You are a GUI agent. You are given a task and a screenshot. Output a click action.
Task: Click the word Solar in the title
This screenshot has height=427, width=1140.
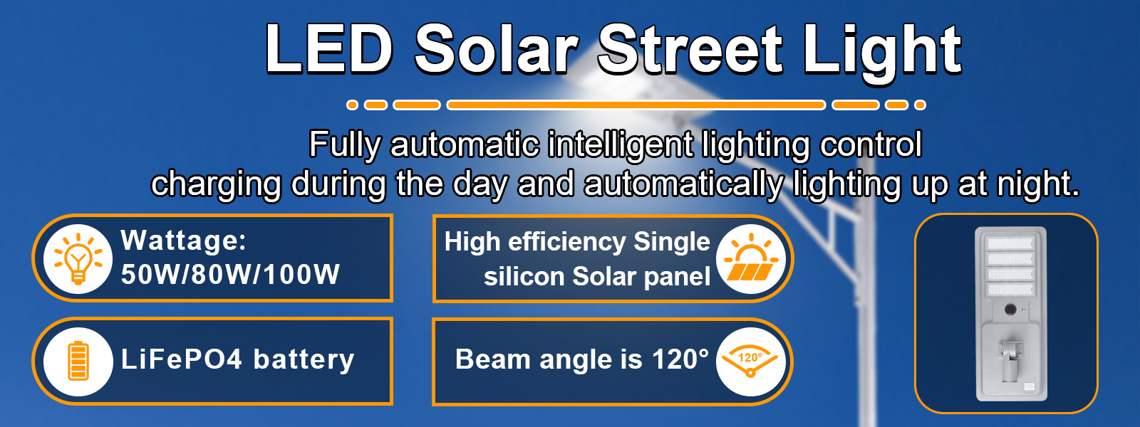[x=496, y=50]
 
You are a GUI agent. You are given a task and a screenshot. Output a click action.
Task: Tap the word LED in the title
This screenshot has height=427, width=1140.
[x=328, y=50]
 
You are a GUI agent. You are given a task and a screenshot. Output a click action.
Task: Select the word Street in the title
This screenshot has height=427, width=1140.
[x=690, y=50]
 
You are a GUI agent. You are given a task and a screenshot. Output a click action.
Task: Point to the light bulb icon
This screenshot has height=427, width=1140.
[x=78, y=258]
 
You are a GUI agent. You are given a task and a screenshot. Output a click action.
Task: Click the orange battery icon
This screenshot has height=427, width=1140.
[x=78, y=361]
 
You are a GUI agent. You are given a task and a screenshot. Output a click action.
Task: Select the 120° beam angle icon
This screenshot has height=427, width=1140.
[x=750, y=362]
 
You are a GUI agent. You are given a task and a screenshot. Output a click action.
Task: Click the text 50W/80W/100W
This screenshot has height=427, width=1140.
[x=230, y=275]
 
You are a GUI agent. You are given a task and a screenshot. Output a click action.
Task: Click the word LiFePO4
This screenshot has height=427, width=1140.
[x=182, y=359]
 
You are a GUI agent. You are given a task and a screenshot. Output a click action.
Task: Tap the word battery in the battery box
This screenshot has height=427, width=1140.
[x=304, y=359]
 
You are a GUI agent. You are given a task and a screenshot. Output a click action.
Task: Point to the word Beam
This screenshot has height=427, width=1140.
[x=492, y=359]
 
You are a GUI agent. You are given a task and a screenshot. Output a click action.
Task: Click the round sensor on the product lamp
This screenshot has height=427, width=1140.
[x=1010, y=310]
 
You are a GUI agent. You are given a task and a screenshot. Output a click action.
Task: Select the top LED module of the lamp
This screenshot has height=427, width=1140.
[x=1010, y=243]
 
